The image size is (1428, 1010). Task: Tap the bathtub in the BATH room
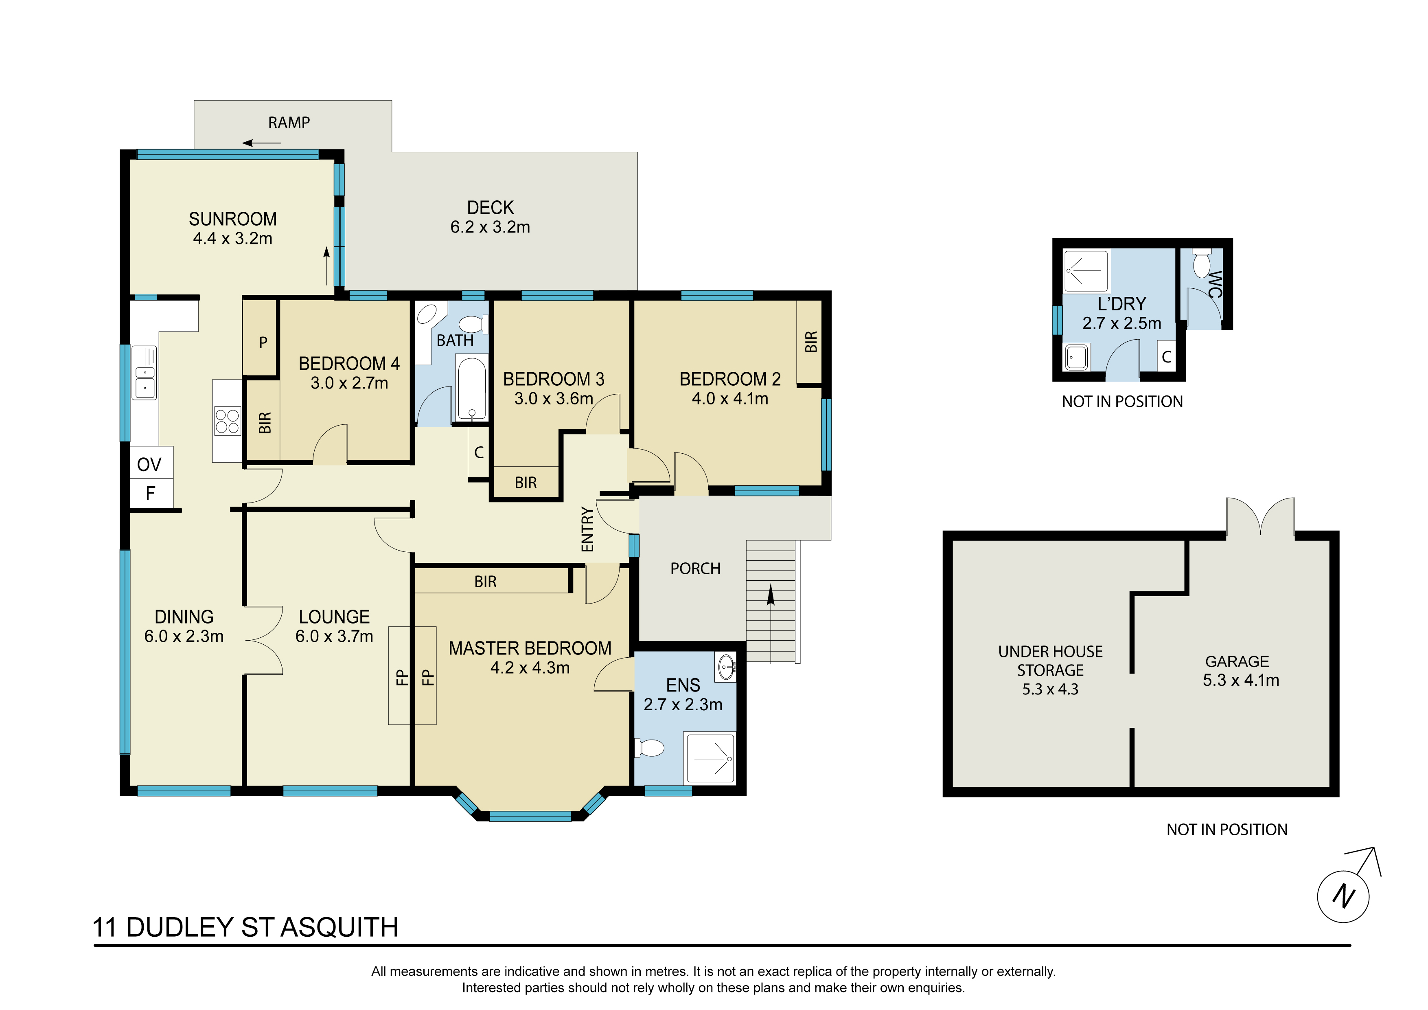pos(472,388)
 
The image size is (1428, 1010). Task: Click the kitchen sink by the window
pos(144,373)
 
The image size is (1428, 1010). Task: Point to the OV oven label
pos(149,464)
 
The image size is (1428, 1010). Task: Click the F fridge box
pos(151,494)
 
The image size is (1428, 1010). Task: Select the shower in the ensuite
pos(710,758)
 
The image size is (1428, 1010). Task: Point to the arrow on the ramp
pos(262,143)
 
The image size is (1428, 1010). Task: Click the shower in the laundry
pos(1086,271)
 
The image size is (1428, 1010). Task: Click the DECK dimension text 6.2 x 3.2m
pos(490,227)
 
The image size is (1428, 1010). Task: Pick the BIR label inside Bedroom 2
pos(811,342)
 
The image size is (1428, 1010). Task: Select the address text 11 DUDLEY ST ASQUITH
pos(246,927)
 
